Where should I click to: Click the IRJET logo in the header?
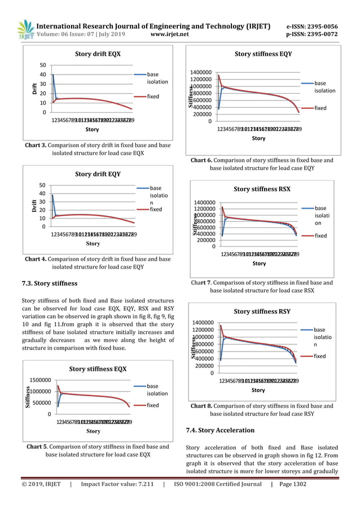click(24, 29)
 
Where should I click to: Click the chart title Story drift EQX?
click(98, 54)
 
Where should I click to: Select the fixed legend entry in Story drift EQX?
click(153, 96)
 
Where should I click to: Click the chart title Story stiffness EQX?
click(98, 369)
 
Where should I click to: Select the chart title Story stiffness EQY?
click(263, 54)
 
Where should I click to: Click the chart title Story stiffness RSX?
click(262, 189)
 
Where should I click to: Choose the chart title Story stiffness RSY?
click(262, 311)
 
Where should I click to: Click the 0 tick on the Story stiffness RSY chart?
click(211, 373)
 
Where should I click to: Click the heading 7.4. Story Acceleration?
click(220, 430)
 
